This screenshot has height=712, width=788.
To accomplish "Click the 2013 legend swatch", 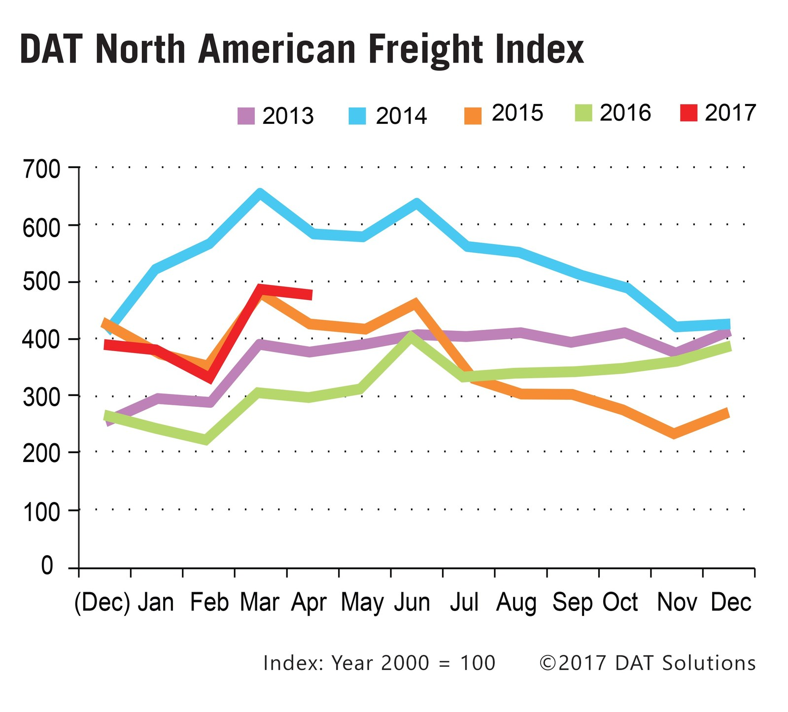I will pos(246,116).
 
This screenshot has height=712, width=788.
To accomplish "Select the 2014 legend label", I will pos(401,116).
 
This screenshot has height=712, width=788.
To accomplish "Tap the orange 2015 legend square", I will pos(473,115).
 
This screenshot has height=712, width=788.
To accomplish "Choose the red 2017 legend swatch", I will pos(688,113).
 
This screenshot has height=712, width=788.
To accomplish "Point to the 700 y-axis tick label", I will pos(41,170).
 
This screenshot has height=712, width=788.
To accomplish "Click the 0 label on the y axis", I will pos(47,566).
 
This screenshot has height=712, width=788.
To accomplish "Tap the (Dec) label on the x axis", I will pos(102,603).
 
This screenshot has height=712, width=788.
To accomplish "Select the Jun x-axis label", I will pos(412,603).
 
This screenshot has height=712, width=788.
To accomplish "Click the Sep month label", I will pos(572,603).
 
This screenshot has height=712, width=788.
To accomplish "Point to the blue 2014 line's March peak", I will pos(260,193).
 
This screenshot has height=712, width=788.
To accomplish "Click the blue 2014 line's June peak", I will pos(416,203).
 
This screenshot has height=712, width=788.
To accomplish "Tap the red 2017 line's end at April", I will pos(310,295).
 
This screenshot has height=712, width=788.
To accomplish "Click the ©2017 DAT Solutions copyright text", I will pos(648,663).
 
